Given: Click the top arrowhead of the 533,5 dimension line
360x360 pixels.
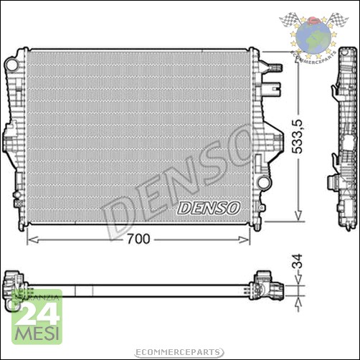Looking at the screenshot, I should click(296, 54).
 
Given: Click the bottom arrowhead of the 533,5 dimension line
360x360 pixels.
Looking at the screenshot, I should click(296, 218).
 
